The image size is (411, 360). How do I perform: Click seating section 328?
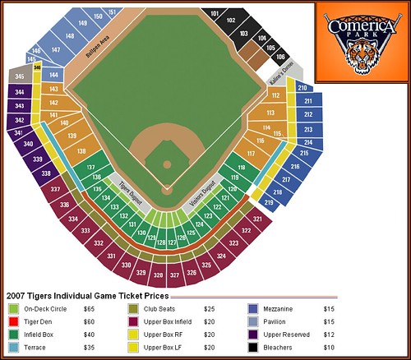pyautogui.click(x=159, y=276)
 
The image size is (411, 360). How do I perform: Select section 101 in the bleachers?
pyautogui.click(x=215, y=14)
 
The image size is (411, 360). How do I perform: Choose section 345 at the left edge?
pyautogui.click(x=19, y=76)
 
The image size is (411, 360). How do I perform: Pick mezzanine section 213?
pyautogui.click(x=307, y=130)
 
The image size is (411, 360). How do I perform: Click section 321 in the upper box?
pyautogui.click(x=257, y=219)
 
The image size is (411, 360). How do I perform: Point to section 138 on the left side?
pyautogui.click(x=81, y=152)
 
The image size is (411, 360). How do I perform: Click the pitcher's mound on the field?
pyautogui.click(x=167, y=164)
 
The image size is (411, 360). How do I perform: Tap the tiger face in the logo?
pyautogui.click(x=359, y=59)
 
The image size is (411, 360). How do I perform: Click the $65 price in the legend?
pyautogui.click(x=89, y=308)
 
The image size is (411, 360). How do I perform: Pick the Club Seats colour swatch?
pyautogui.click(x=133, y=308)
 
